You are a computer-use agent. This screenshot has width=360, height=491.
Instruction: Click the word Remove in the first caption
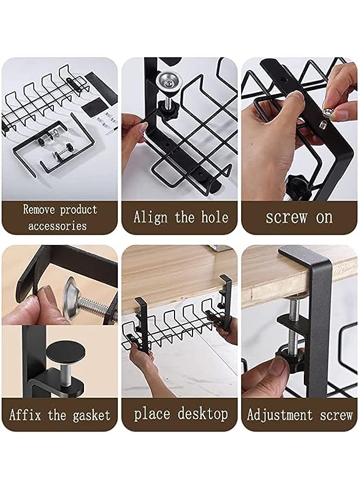click(x=40, y=209)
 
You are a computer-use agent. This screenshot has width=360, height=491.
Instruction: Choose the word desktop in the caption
click(x=201, y=414)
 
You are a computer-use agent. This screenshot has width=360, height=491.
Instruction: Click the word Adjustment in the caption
click(x=279, y=415)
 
